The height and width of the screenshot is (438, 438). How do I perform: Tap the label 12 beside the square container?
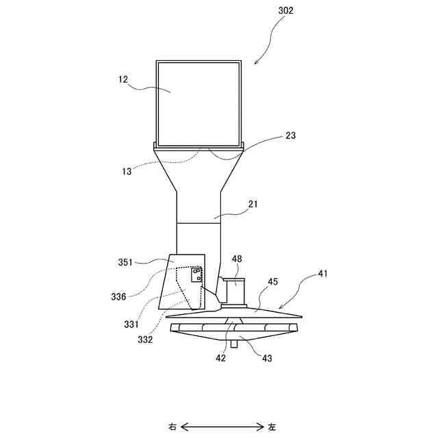(123, 79)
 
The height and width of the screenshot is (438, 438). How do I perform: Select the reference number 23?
(291, 136)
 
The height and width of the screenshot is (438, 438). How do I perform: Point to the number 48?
(236, 259)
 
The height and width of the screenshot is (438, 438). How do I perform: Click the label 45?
(273, 281)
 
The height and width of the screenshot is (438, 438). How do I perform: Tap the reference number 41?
(322, 274)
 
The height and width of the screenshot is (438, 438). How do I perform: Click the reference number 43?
(266, 359)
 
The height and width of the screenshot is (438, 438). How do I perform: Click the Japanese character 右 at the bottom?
(172, 427)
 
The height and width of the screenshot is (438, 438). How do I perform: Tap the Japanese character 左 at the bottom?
(272, 427)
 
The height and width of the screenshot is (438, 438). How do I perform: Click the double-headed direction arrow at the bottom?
(222, 427)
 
